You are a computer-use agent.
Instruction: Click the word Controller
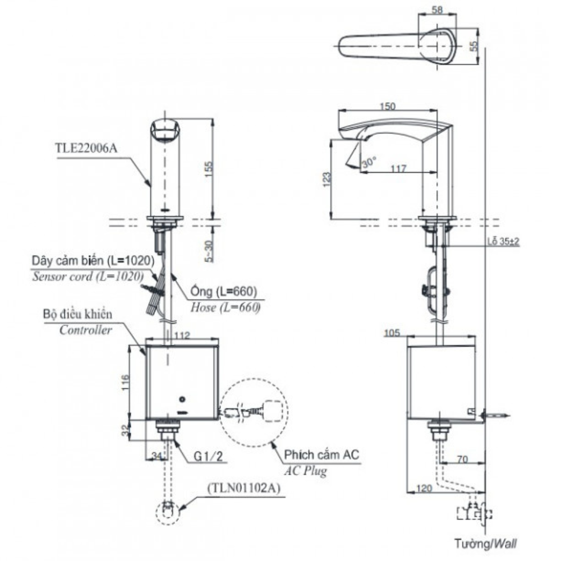click(x=85, y=330)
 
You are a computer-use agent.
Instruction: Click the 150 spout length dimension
click(x=388, y=106)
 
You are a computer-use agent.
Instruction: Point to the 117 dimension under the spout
click(x=398, y=168)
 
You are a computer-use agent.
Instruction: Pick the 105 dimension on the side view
click(x=392, y=333)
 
